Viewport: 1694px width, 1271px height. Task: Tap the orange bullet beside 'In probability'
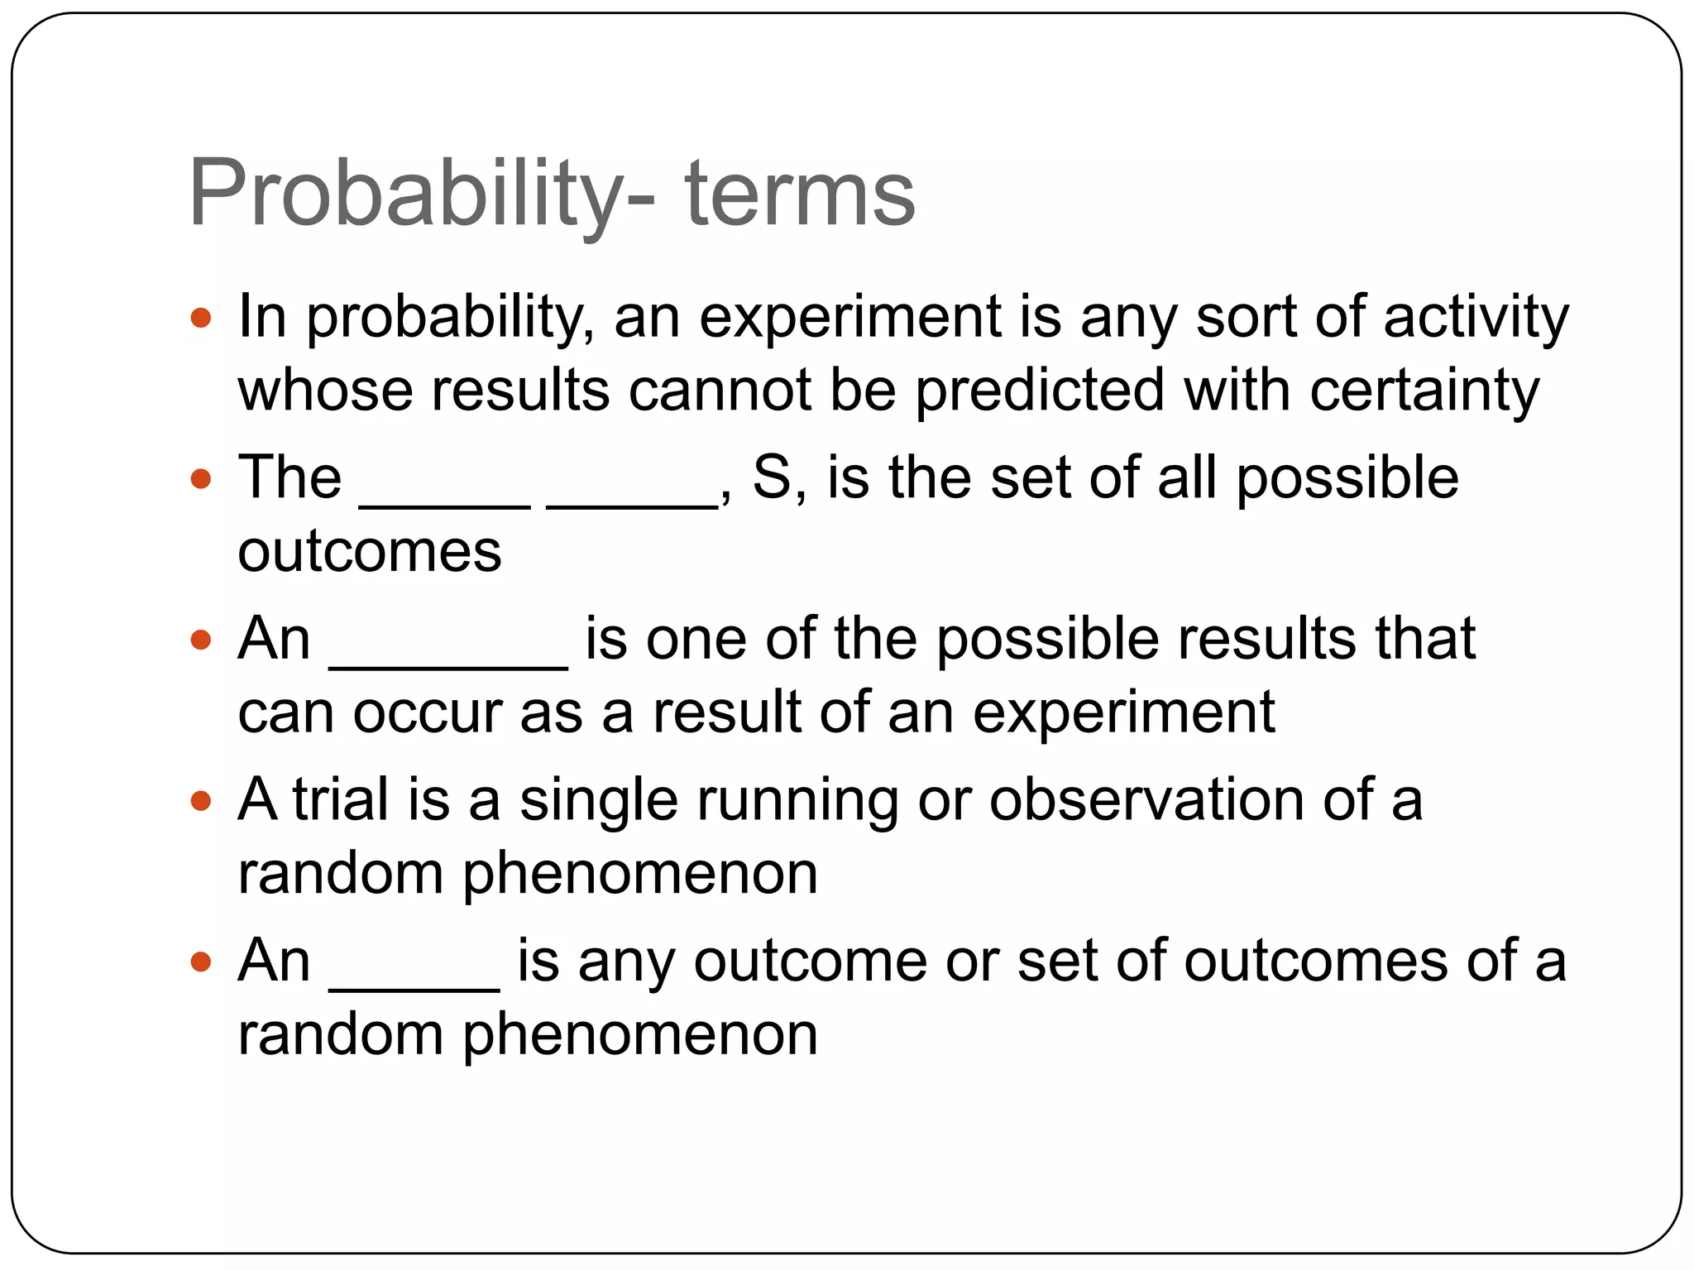[x=201, y=317]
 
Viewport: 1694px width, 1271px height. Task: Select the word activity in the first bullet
[x=1476, y=317]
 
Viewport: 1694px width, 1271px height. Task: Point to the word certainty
[x=1424, y=391]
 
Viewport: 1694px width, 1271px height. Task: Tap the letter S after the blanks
[x=772, y=478]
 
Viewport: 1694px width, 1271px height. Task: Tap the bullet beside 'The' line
[x=201, y=478]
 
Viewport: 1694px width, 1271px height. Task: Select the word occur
[x=428, y=712]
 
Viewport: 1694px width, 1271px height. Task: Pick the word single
[x=599, y=800]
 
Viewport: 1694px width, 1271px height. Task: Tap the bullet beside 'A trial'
[x=201, y=800]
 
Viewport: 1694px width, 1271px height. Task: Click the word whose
[x=325, y=391]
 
